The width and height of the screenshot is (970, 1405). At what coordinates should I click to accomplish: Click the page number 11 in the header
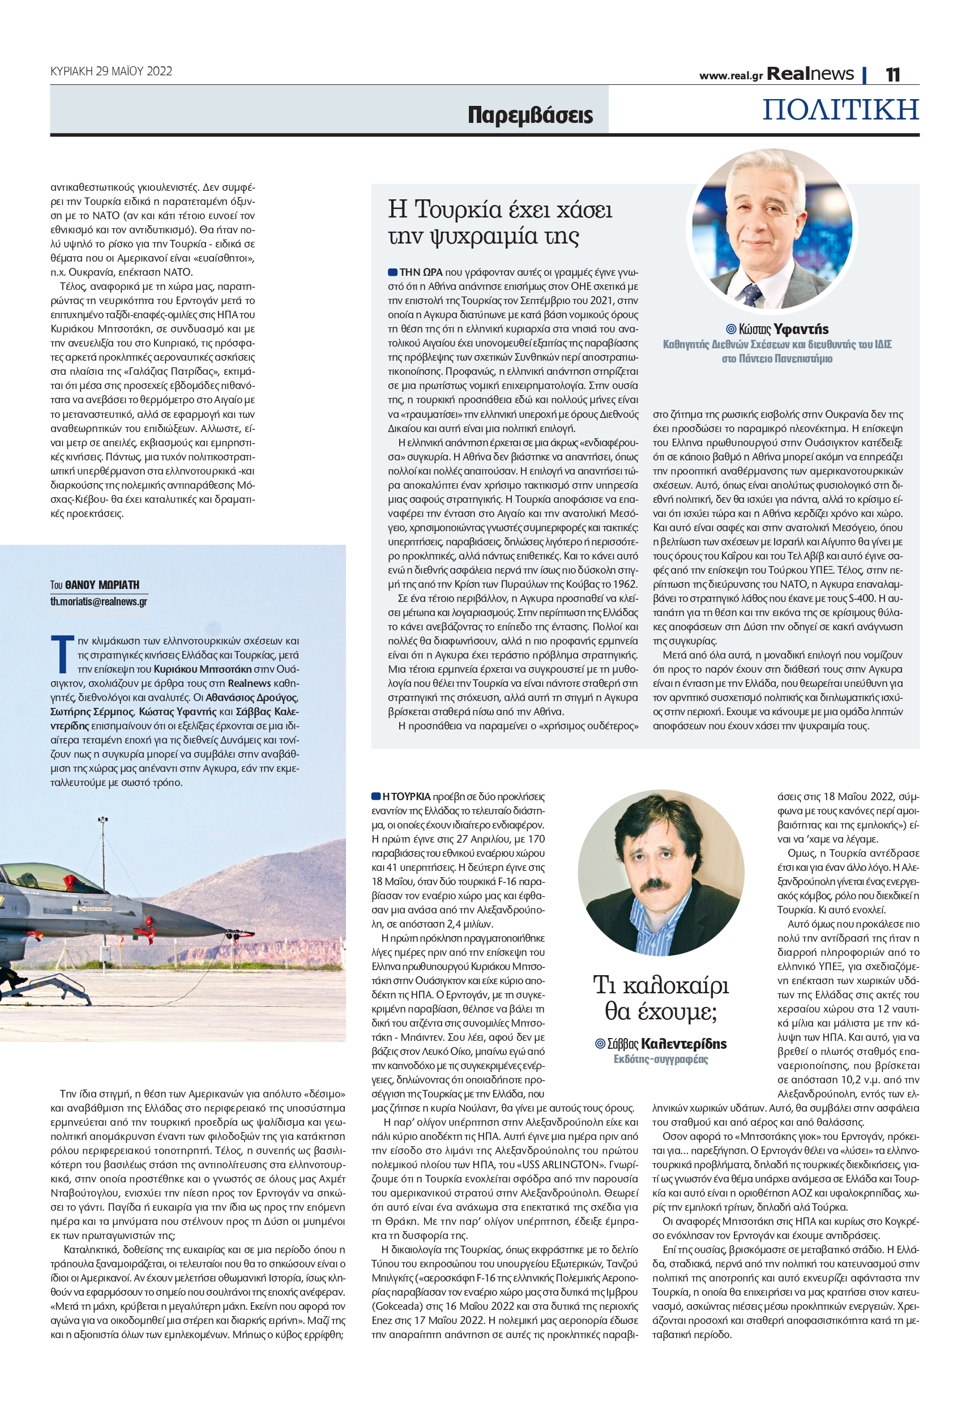[x=892, y=75]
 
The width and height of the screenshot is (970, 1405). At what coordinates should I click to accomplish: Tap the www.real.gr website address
[x=730, y=76]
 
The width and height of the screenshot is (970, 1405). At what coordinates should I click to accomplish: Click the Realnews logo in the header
[x=810, y=74]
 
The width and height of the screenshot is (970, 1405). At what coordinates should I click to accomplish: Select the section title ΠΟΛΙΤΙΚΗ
[x=840, y=110]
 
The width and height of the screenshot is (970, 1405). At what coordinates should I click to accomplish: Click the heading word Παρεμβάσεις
[x=530, y=115]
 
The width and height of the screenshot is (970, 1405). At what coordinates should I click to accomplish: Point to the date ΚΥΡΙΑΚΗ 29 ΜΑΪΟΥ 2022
[x=111, y=71]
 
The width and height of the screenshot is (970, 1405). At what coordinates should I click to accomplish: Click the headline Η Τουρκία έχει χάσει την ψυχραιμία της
[x=500, y=223]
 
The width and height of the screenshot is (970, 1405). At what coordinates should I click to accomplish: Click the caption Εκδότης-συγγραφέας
[x=661, y=1059]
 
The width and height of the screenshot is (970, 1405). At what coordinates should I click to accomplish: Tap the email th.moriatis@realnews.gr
[x=99, y=601]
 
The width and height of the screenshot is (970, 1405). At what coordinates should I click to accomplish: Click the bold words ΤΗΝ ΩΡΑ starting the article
[x=421, y=272]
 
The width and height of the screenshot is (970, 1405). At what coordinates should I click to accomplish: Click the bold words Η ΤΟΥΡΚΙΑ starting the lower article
[x=406, y=797]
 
